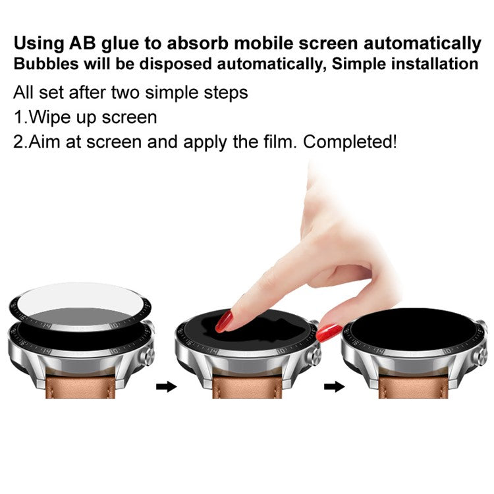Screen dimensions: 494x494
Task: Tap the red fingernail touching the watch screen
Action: pos(225,321)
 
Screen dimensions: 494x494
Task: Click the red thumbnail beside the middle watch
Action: pos(329,332)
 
